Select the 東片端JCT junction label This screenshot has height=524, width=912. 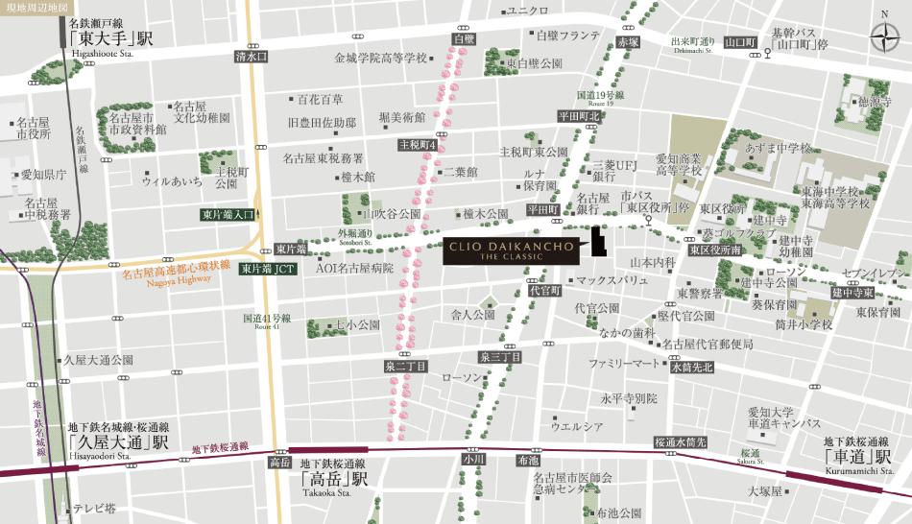point(268,269)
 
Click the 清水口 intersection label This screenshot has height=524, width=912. point(251,57)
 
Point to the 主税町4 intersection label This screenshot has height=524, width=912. point(419,145)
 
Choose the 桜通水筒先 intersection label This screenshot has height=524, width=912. point(680,442)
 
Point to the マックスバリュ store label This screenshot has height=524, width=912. point(610,281)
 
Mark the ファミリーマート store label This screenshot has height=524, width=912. point(625,364)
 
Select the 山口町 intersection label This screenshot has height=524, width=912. point(740,42)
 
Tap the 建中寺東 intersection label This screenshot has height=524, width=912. point(852,292)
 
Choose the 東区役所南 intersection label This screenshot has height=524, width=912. point(715,250)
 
